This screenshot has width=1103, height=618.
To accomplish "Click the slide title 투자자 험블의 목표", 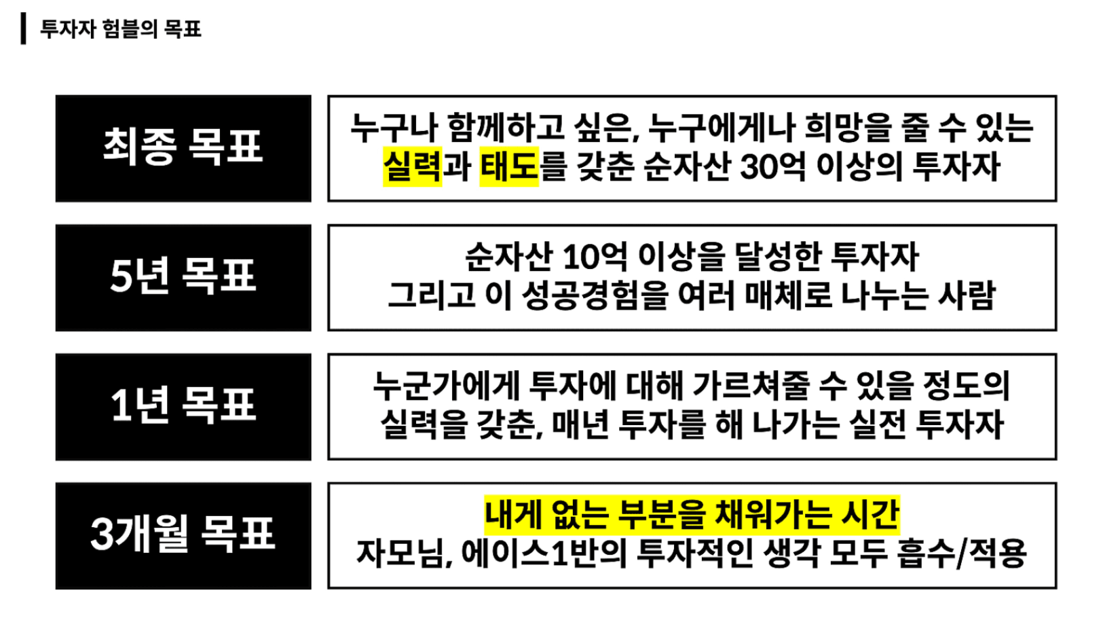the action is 121,29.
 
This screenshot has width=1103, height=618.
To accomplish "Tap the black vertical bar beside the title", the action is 24,29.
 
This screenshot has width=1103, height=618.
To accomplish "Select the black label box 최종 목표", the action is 183,148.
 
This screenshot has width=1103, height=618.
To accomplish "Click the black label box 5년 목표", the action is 183,278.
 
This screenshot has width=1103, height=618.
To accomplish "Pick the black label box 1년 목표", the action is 183,407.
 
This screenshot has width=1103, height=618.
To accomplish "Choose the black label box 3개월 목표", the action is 183,536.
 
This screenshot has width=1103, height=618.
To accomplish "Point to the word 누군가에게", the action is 446,386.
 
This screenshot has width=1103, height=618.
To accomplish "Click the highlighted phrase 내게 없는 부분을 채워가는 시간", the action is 692,515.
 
